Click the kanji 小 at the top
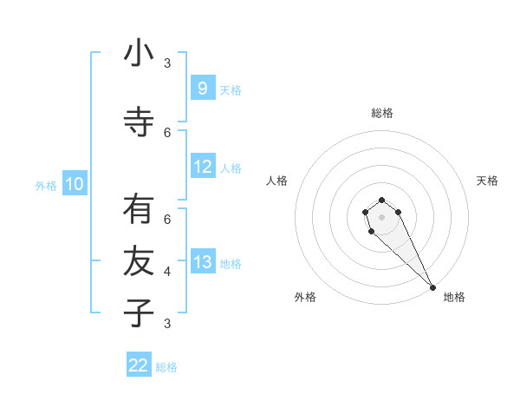point(139,54)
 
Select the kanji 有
point(139,210)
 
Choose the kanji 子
point(139,313)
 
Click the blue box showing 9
point(202,89)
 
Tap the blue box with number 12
point(202,167)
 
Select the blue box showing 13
point(202,262)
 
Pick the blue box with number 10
point(74,184)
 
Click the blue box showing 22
point(139,365)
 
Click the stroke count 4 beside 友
point(167,271)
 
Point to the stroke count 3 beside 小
point(167,63)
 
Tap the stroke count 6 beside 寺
point(167,132)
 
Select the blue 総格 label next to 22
point(166,367)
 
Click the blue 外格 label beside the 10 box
point(46,185)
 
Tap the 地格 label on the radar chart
point(454,297)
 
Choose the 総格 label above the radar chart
point(382,113)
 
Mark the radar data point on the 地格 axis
point(432,287)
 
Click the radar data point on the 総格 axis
point(382,198)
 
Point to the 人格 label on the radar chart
point(276,181)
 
